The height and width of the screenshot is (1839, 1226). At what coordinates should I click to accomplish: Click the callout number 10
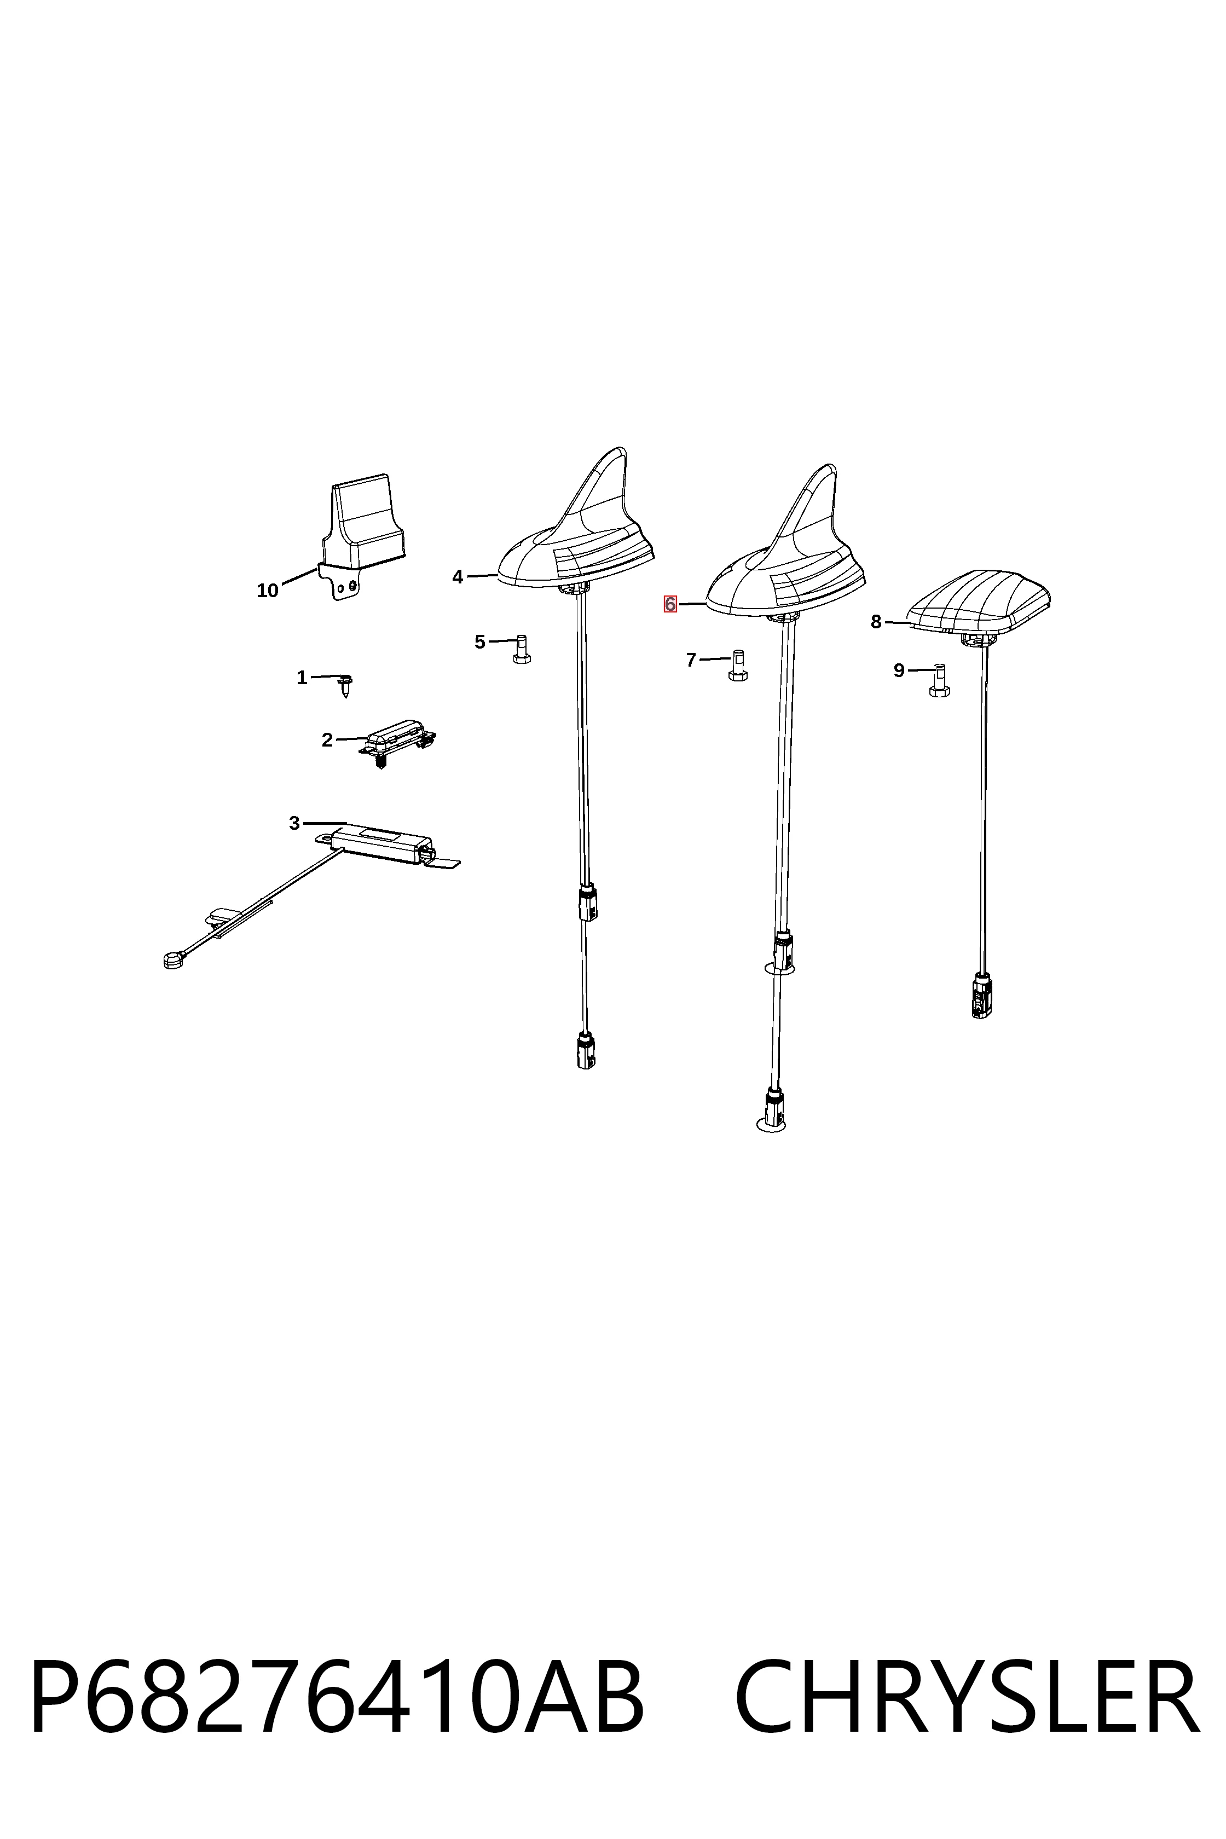point(268,591)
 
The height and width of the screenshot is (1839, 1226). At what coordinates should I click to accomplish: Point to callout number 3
point(294,823)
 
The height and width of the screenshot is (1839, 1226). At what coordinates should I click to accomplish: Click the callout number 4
point(458,577)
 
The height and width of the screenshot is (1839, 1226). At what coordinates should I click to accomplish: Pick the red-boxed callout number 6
point(670,604)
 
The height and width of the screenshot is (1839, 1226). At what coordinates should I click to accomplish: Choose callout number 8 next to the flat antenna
point(876,622)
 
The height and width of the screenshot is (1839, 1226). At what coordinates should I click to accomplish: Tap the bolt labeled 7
point(737,666)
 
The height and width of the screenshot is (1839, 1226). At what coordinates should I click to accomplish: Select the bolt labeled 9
point(939,680)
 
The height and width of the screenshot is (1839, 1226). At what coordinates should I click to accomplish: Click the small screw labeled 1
point(345,686)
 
